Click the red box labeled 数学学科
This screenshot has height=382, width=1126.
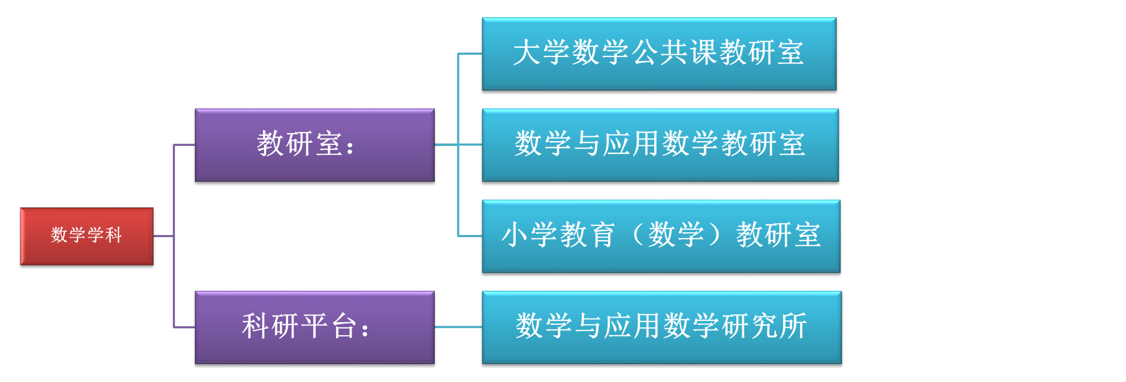tap(86, 236)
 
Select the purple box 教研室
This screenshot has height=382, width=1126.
tap(315, 145)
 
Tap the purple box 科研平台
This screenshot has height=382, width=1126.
tap(315, 327)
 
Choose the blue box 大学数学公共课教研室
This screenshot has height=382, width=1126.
tap(659, 54)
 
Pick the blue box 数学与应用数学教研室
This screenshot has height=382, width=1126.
tap(660, 145)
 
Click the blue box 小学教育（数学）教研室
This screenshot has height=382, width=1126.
tap(661, 236)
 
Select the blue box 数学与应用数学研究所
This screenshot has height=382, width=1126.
tap(662, 327)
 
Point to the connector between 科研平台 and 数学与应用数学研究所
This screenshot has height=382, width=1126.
tap(458, 327)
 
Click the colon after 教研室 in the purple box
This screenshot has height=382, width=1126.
tap(350, 146)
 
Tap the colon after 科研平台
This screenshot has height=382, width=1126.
tap(365, 329)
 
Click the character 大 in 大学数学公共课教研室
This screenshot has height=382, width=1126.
tap(527, 53)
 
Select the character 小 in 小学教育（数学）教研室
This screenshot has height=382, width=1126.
tap(515, 235)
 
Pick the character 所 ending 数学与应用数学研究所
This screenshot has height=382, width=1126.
tap(794, 326)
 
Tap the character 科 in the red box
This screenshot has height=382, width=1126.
tap(113, 235)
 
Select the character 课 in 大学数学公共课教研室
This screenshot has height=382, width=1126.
tap(704, 53)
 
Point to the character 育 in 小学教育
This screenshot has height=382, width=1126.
tap(602, 235)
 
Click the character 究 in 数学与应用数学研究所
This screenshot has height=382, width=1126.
tap(765, 326)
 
